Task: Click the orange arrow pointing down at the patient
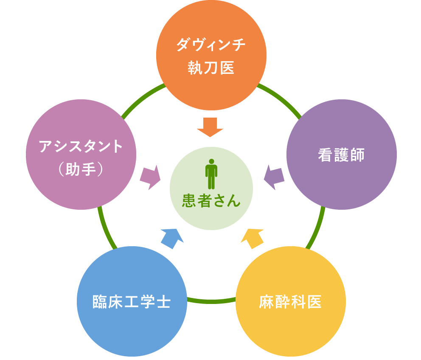click(x=210, y=127)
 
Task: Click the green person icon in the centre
click(x=211, y=174)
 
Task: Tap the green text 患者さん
click(x=211, y=200)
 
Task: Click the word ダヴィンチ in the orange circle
click(x=211, y=45)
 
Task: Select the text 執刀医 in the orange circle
click(x=211, y=68)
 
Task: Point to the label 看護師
click(x=341, y=155)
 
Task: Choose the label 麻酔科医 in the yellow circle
click(x=290, y=302)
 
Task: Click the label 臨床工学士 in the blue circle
click(x=132, y=302)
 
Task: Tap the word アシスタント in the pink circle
click(x=81, y=147)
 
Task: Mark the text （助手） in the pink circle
click(x=81, y=170)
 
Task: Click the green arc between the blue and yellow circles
click(x=211, y=301)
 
